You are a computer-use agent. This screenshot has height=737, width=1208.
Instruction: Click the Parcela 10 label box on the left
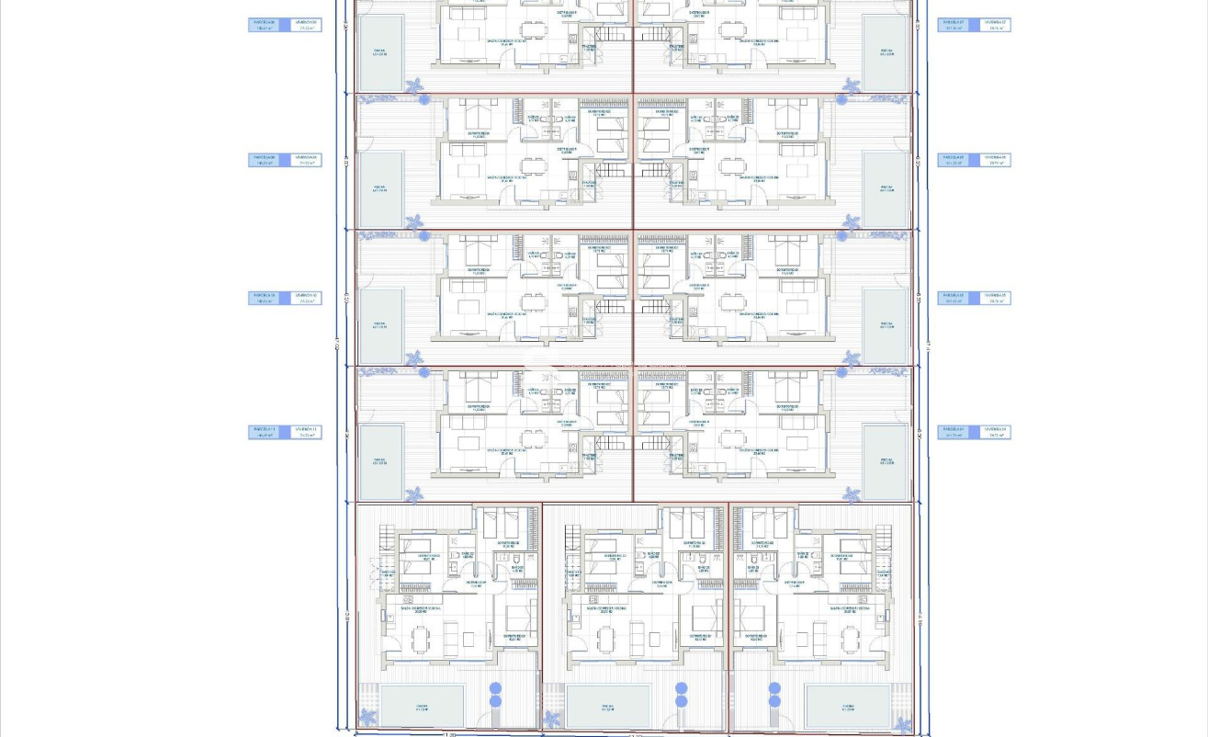coord(266,299)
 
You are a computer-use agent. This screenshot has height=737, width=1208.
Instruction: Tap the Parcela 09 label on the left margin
coord(266,159)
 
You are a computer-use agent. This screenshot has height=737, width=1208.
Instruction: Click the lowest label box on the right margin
coord(974,432)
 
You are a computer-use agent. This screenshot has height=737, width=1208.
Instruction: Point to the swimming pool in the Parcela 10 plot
coord(380,325)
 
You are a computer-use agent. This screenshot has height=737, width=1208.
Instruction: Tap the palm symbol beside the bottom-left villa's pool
coord(367,718)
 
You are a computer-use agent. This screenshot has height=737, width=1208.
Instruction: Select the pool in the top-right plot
coord(886,53)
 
